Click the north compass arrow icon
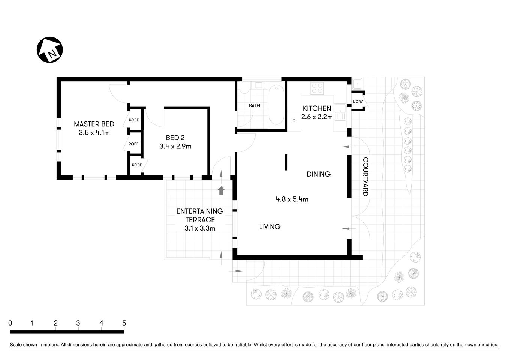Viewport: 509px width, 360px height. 49,50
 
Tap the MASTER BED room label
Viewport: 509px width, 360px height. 94,124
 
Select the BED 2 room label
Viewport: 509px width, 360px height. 175,138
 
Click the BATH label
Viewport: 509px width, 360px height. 254,106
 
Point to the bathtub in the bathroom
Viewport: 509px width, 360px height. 277,105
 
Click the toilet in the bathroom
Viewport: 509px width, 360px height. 244,88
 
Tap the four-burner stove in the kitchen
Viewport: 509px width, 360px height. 317,88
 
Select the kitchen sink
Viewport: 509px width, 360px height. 340,112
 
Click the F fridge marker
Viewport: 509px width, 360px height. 293,121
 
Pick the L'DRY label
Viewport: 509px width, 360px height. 358,102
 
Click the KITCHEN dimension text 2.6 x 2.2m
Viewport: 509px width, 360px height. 317,117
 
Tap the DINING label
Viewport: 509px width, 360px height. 319,174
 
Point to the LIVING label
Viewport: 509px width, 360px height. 270,227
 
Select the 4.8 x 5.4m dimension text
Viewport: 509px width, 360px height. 292,199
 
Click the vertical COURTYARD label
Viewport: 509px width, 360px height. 365,177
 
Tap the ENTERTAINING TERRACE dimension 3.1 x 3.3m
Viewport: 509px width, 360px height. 200,228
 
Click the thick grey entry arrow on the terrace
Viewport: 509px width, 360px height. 221,191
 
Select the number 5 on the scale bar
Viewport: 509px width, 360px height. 124,323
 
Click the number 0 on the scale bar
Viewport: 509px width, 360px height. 10,323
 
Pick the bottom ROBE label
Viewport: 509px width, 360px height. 136,165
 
